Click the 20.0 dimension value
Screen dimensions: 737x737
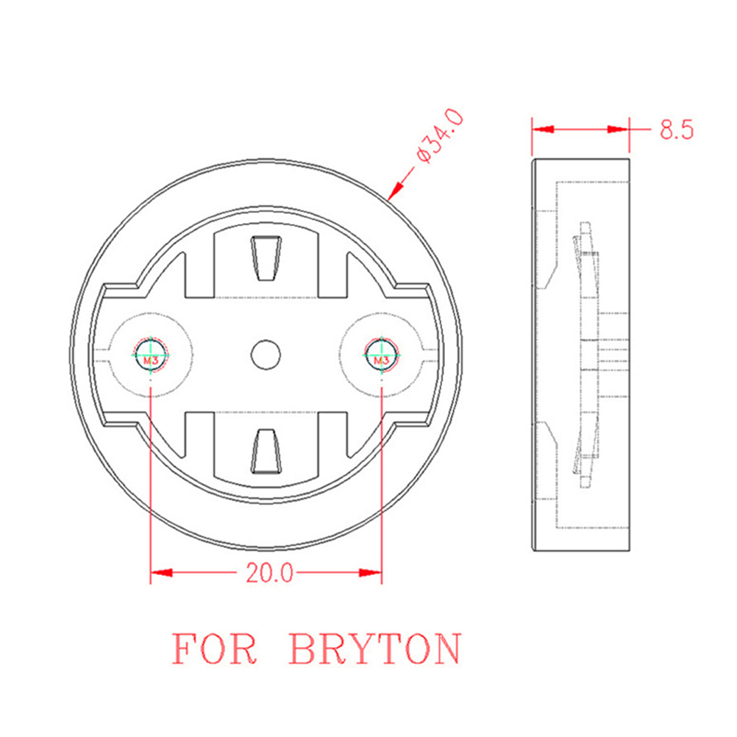click(269, 573)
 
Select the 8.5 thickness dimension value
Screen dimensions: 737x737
click(677, 129)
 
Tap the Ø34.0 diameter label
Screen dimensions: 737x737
click(441, 136)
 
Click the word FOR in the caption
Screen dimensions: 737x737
click(214, 649)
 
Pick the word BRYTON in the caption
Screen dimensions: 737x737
click(375, 649)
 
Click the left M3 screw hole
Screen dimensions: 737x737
click(150, 355)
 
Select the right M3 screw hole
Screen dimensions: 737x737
click(381, 355)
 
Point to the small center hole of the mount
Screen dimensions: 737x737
click(266, 355)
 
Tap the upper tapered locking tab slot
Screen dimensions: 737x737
click(266, 258)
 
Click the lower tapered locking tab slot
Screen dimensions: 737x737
click(266, 451)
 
